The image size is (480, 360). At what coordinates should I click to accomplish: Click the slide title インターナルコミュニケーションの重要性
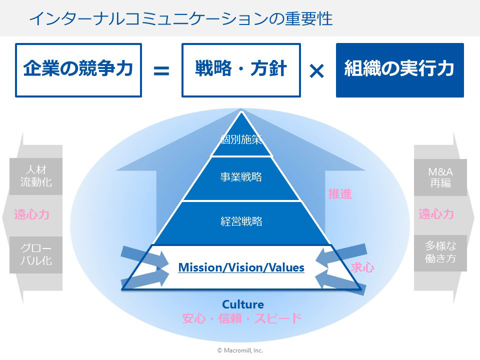pyautogui.click(x=180, y=18)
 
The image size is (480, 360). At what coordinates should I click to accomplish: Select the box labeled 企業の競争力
pyautogui.click(x=78, y=70)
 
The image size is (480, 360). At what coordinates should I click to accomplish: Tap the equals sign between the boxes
pyautogui.click(x=161, y=70)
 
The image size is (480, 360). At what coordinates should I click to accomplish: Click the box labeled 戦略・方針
pyautogui.click(x=241, y=70)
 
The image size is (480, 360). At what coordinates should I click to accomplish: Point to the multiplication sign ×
pyautogui.click(x=317, y=71)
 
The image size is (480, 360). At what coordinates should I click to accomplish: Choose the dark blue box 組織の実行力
pyautogui.click(x=400, y=70)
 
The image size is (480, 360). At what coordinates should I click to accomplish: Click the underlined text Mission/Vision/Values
pyautogui.click(x=241, y=267)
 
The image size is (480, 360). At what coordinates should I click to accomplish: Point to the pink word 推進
pyautogui.click(x=340, y=194)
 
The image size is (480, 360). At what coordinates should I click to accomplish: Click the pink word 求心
pyautogui.click(x=362, y=267)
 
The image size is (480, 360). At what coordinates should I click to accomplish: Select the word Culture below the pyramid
pyautogui.click(x=243, y=304)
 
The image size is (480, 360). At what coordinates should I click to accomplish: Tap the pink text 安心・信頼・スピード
pyautogui.click(x=242, y=318)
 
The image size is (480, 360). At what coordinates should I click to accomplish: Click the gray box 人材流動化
pyautogui.click(x=36, y=176)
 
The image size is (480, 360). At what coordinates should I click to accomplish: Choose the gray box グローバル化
pyautogui.click(x=36, y=254)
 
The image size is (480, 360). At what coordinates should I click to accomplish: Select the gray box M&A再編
pyautogui.click(x=440, y=177)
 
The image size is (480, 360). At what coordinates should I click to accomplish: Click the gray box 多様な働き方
pyautogui.click(x=440, y=253)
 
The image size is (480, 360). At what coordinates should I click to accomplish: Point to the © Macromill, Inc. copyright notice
pyautogui.click(x=240, y=350)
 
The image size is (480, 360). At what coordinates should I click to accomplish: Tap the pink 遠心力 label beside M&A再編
pyautogui.click(x=436, y=214)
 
